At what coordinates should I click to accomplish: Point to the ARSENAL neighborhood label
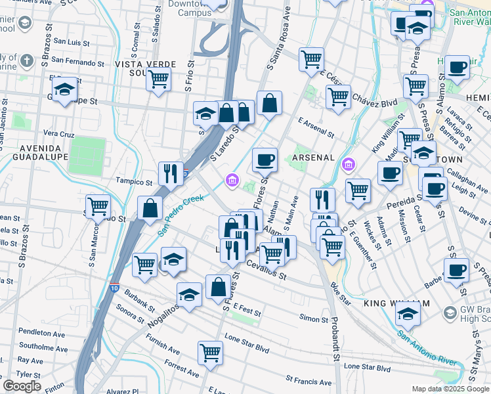point(314,158)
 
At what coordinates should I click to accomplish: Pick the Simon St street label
point(314,318)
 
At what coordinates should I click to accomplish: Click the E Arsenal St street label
point(316,127)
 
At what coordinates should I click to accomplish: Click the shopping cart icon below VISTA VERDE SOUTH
point(159,79)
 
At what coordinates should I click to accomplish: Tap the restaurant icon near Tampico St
point(171,174)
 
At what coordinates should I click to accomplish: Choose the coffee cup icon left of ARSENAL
point(265,160)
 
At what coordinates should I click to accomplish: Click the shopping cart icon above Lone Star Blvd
point(211,353)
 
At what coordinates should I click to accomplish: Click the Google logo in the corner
point(22,386)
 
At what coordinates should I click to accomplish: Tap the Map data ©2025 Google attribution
point(450,389)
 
